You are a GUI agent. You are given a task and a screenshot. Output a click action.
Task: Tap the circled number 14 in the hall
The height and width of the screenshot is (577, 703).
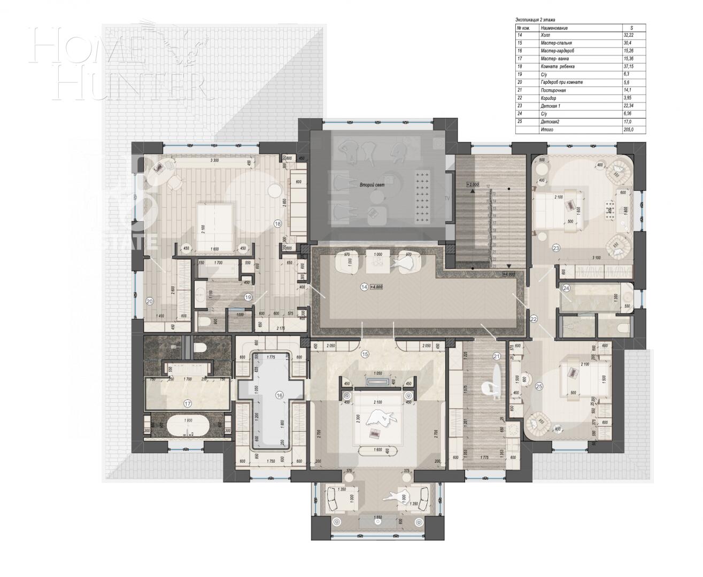click(x=364, y=287)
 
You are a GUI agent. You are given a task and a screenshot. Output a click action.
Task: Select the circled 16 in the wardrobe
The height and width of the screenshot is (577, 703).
click(x=279, y=395)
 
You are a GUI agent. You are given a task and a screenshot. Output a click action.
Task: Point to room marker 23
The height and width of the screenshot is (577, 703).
click(x=555, y=247)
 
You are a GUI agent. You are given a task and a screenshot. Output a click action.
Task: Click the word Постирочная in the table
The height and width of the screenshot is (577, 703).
click(x=557, y=90)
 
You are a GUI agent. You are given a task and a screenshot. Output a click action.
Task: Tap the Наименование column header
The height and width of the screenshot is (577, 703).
click(x=554, y=27)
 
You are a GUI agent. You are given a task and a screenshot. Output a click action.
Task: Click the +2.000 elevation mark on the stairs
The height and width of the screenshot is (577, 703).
click(x=473, y=184)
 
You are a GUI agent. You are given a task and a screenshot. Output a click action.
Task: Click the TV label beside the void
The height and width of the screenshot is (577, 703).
click(x=447, y=197)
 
